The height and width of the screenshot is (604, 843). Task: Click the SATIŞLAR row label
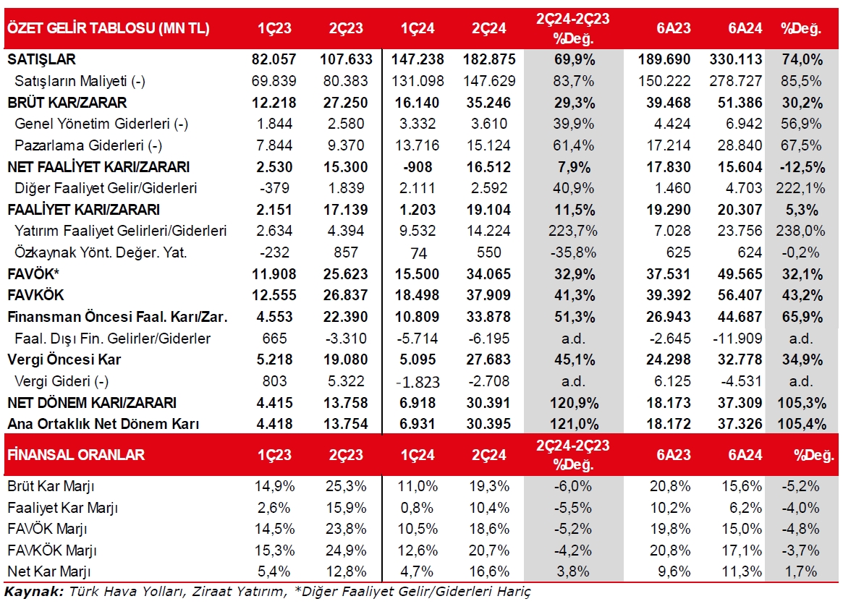[41, 59]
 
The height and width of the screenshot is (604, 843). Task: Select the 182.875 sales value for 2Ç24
[488, 59]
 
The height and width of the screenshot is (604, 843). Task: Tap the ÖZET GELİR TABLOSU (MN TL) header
[109, 28]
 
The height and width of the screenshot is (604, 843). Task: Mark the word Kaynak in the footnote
[32, 592]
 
